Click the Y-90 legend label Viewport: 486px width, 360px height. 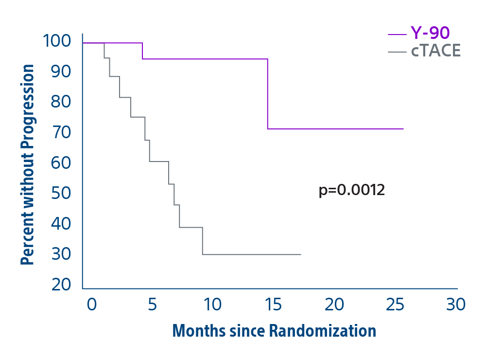pos(430,33)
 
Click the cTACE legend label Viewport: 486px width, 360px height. pos(435,51)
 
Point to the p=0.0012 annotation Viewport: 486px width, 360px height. pos(351,190)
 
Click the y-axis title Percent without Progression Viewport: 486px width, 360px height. pos(28,165)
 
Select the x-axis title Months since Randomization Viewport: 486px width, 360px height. pos(274,331)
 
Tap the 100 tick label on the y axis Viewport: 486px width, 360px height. pos(57,41)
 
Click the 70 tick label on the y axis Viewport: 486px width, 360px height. pos(61,132)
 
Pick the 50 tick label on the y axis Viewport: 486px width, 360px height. pos(61,193)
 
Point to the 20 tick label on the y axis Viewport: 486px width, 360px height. pos(61,285)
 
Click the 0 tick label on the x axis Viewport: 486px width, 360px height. pos(91,305)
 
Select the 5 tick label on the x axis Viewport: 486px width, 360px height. pos(152,305)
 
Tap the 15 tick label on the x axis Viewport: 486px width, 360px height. pos(273,305)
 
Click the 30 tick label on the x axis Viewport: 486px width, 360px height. pos(455,305)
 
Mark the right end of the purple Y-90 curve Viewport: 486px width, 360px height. pos(403,129)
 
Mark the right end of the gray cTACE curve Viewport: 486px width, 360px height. pos(300,254)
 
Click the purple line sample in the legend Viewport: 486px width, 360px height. pos(397,34)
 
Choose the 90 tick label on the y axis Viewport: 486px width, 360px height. pos(61,72)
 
